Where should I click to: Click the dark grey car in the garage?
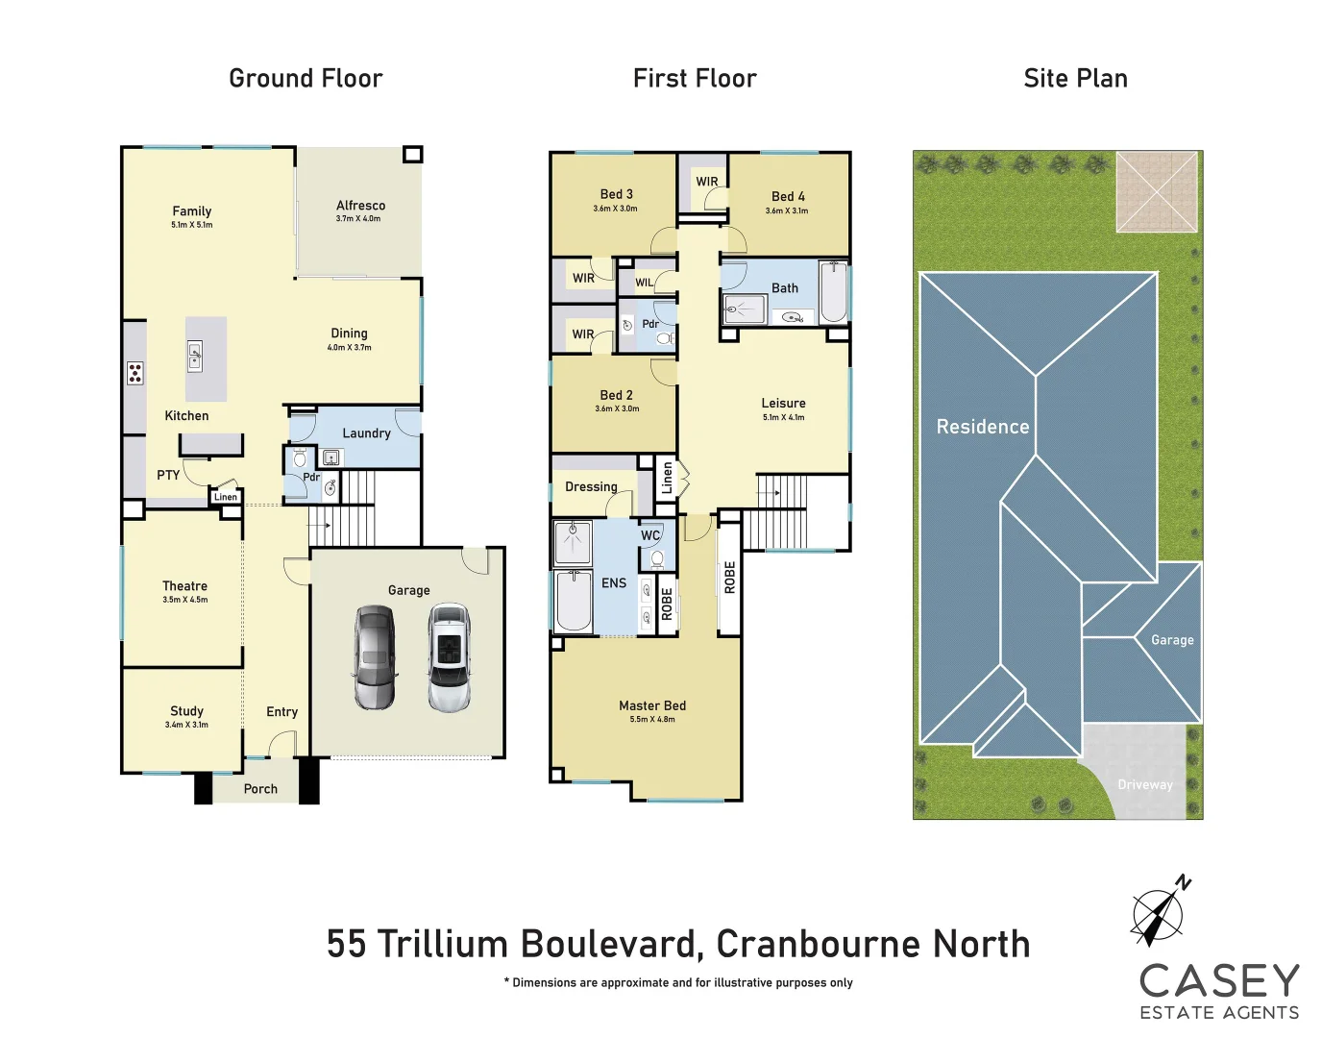tap(374, 657)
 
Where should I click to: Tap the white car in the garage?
tap(448, 657)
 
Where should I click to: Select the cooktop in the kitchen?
tap(135, 373)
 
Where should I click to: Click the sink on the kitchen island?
tap(195, 356)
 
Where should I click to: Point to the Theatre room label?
tap(184, 585)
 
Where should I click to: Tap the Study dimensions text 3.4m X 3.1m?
tap(186, 725)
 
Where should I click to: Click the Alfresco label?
tap(360, 205)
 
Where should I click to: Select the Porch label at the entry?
tap(260, 788)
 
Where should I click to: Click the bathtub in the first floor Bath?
tap(833, 291)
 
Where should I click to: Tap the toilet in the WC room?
tap(658, 559)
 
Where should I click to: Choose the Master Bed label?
tap(652, 705)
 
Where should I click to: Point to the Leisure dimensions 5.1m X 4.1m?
tap(783, 417)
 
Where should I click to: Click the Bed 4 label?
tap(788, 196)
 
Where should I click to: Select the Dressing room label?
tap(591, 486)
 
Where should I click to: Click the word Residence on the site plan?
tap(982, 427)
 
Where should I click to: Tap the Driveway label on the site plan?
tap(1144, 784)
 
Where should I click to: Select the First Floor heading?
tap(695, 79)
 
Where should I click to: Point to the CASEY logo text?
tap(1219, 981)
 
